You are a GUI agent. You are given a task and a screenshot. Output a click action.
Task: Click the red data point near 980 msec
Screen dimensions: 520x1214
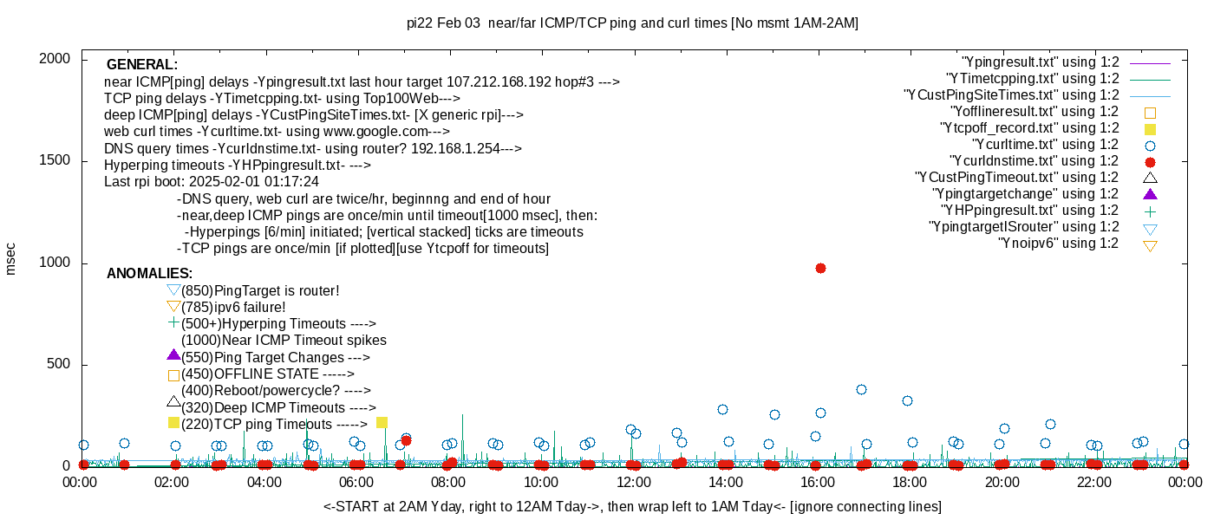point(820,269)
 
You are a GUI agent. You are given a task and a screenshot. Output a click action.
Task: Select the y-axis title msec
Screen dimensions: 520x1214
point(10,258)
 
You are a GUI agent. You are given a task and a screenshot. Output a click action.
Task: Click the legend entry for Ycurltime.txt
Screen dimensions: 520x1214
point(1045,145)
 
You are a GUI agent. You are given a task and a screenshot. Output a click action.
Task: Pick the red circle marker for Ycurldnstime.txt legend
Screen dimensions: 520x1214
point(1151,161)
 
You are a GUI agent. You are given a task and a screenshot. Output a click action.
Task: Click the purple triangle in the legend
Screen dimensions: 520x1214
point(1151,194)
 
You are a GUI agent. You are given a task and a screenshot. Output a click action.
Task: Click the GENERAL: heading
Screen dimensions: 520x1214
point(142,65)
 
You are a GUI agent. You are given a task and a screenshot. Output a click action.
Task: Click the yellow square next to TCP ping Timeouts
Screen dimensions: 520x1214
point(173,423)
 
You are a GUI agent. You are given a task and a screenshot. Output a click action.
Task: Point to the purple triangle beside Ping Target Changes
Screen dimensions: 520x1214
point(173,355)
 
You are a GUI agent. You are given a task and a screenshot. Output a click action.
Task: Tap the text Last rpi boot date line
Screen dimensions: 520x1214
point(212,182)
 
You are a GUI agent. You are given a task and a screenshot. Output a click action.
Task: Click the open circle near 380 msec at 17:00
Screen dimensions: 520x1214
point(861,390)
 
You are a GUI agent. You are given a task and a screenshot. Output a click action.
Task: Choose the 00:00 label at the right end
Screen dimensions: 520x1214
point(1185,483)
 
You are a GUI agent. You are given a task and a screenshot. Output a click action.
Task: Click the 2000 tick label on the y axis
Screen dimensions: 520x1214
point(58,59)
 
